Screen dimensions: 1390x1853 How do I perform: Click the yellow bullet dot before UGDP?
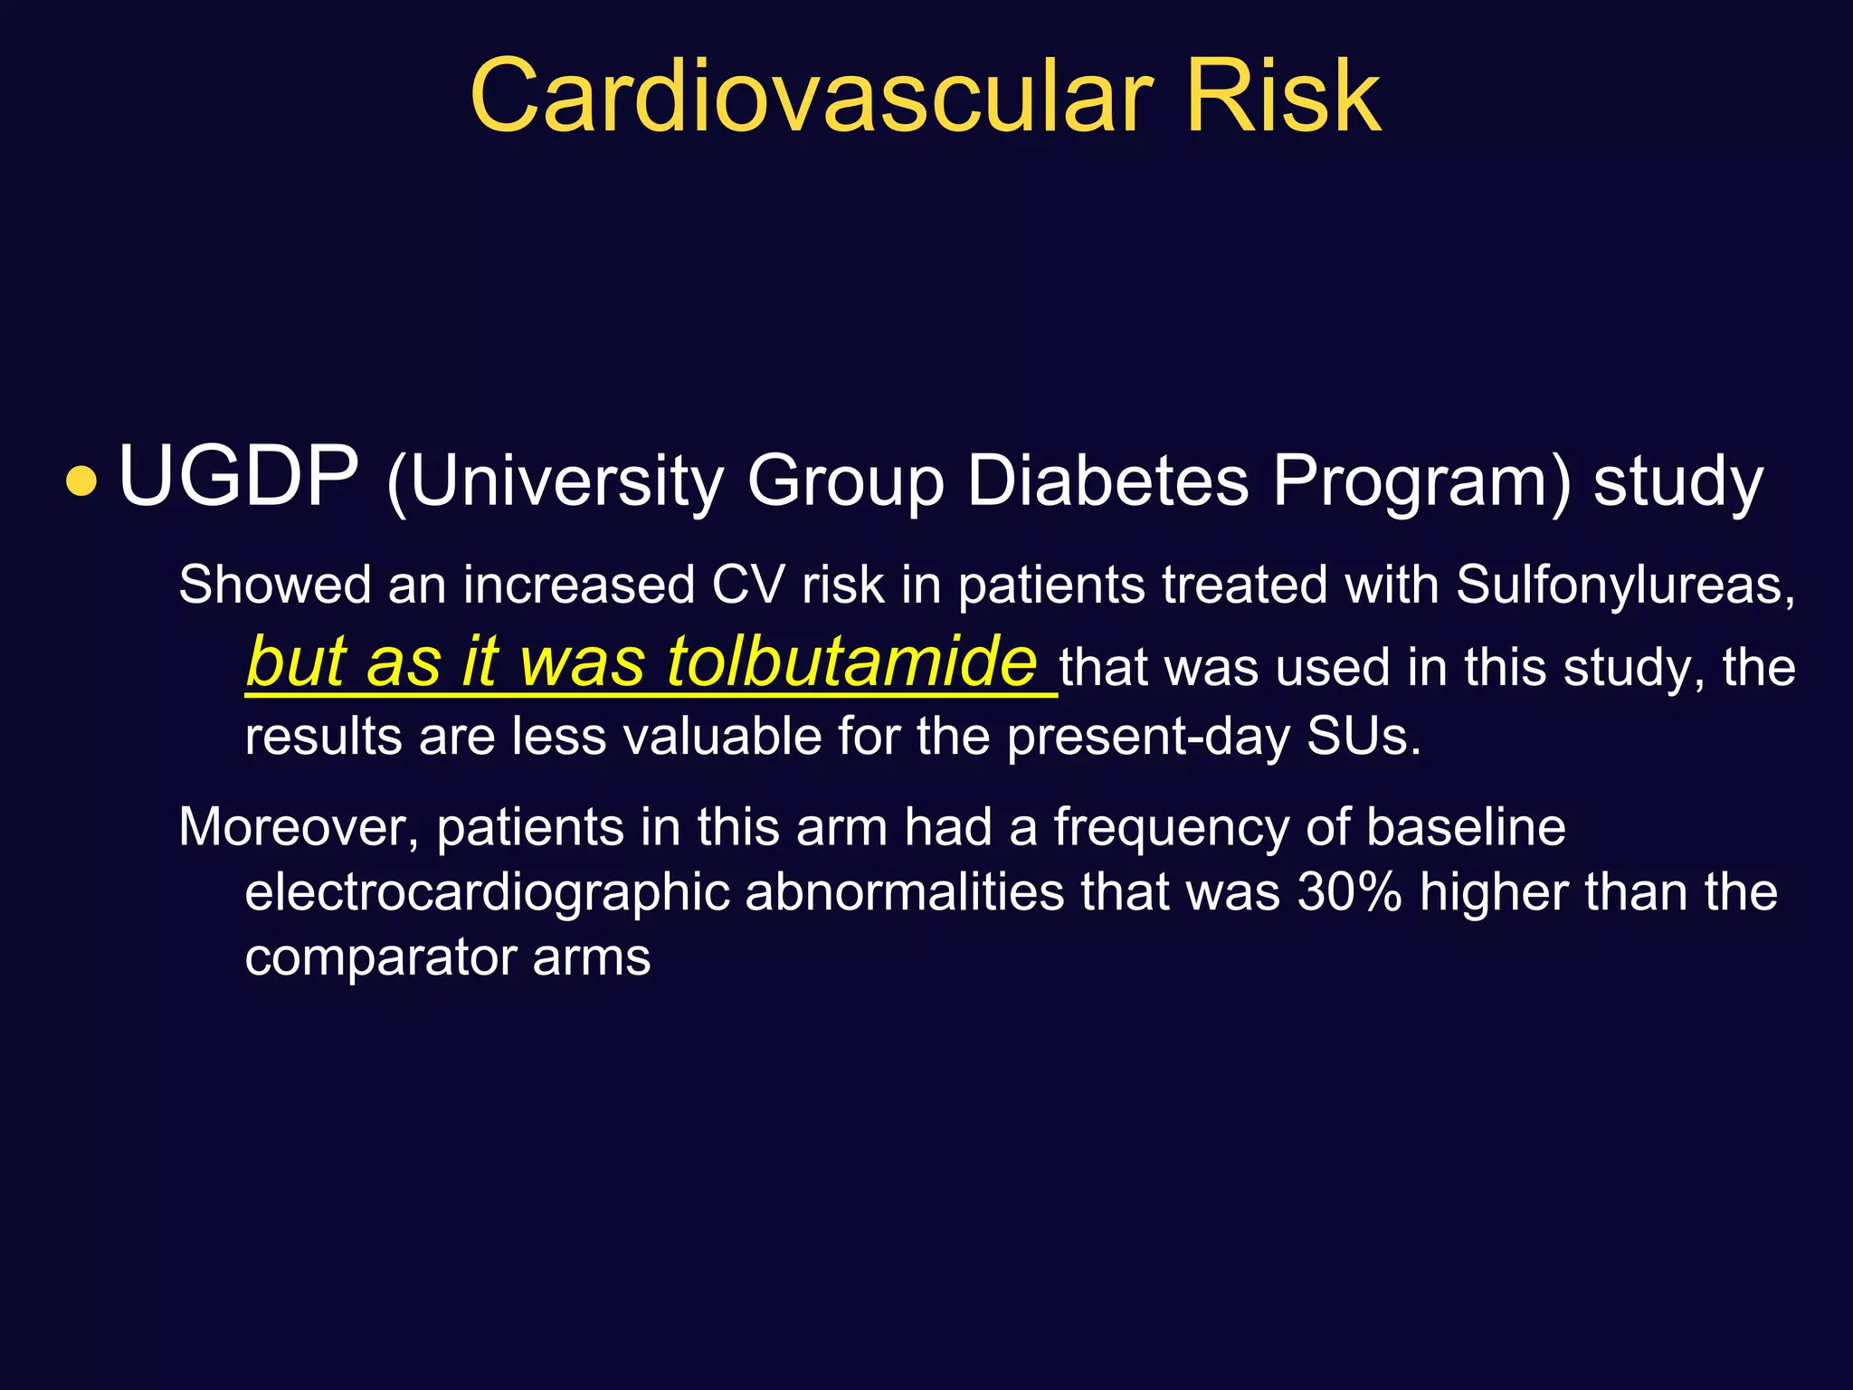81,481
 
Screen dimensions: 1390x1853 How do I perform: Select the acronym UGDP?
238,477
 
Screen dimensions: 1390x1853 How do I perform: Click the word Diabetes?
1107,481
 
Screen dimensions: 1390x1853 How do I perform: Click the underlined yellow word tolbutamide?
851,662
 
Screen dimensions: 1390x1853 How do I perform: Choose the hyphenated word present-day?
1148,738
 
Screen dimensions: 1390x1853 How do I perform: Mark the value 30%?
1349,892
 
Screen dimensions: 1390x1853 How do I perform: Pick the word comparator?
380,957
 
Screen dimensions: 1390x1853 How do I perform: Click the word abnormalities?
905,892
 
